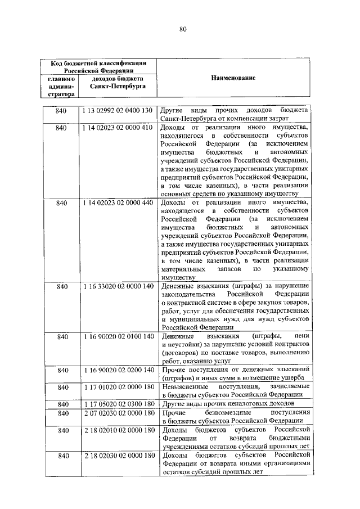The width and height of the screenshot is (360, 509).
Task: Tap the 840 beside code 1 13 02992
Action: point(61,110)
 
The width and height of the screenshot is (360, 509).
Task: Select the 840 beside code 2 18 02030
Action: point(61,455)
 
